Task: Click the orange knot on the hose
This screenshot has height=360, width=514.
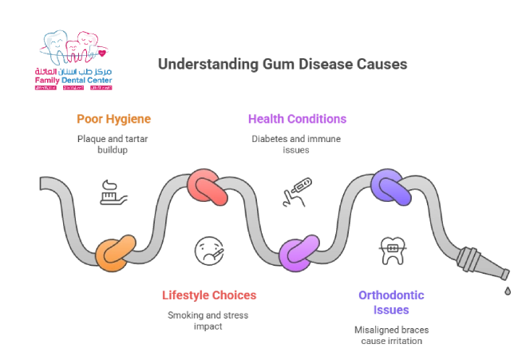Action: click(116, 253)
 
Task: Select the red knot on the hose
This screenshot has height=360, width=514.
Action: click(209, 188)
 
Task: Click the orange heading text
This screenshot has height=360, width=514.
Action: click(114, 120)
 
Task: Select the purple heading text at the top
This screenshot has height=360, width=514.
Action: click(297, 120)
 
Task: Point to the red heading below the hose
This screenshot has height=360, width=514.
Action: click(208, 295)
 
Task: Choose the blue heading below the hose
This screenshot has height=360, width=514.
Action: click(391, 302)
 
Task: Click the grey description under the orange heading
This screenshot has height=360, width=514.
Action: click(114, 143)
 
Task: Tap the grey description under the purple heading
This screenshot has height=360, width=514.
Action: click(297, 143)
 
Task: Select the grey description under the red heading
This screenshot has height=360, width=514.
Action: click(208, 318)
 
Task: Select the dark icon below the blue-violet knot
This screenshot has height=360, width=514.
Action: click(392, 251)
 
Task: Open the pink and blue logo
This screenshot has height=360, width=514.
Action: click(73, 62)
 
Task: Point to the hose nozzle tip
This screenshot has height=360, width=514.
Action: click(500, 274)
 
